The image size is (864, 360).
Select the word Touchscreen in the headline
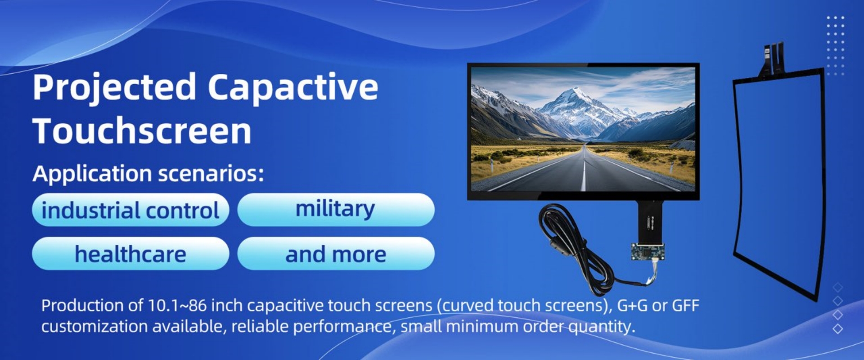[x=142, y=130]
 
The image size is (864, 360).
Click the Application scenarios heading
[x=148, y=174]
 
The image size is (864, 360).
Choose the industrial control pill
[x=130, y=210]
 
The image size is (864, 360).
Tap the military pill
[x=336, y=210]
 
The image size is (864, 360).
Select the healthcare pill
[x=130, y=253]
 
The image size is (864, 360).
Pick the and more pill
[x=336, y=253]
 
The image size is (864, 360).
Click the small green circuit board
[x=648, y=252]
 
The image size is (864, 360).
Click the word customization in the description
[x=94, y=327]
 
